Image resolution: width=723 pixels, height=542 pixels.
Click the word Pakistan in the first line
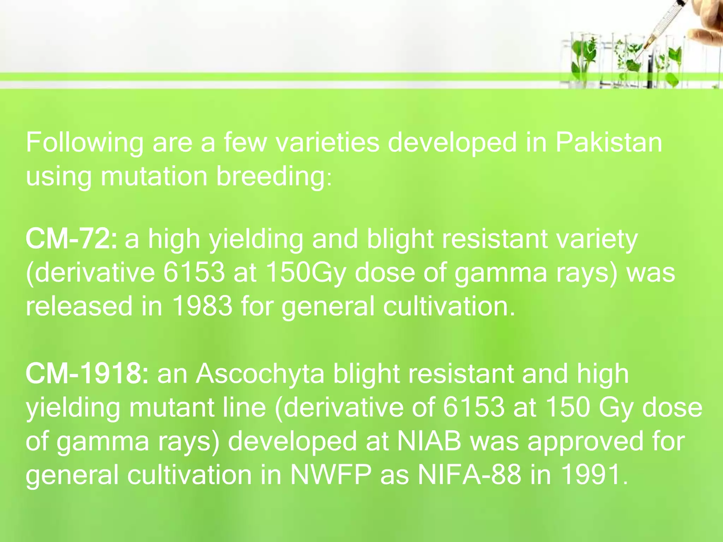pos(609,143)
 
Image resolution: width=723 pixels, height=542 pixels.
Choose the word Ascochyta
pos(260,374)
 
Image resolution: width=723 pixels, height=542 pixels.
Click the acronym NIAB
pos(429,441)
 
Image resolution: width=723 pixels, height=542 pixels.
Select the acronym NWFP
pos(330,475)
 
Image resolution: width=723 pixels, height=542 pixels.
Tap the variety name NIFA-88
pos(470,475)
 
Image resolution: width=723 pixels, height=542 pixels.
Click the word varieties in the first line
pos(327,143)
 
